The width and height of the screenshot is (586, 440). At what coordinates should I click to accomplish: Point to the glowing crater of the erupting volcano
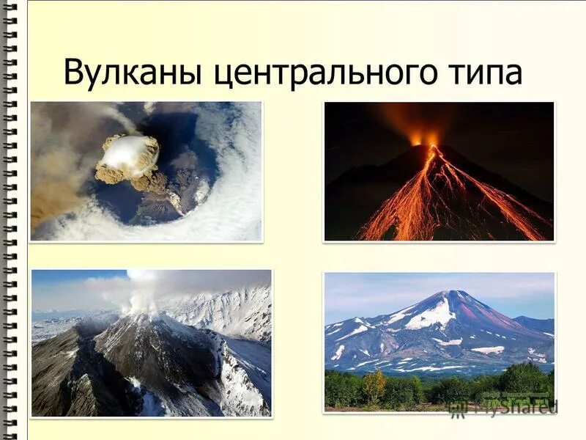[x=424, y=139]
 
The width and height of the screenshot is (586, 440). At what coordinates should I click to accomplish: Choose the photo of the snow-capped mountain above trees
[x=439, y=341]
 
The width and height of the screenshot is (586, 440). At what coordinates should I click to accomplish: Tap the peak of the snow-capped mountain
[x=448, y=293]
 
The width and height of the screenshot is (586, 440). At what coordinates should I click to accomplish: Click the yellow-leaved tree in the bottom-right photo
[x=374, y=386]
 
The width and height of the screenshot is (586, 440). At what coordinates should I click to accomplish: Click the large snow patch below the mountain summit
[x=432, y=315]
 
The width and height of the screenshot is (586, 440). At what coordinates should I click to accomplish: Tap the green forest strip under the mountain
[x=439, y=389]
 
